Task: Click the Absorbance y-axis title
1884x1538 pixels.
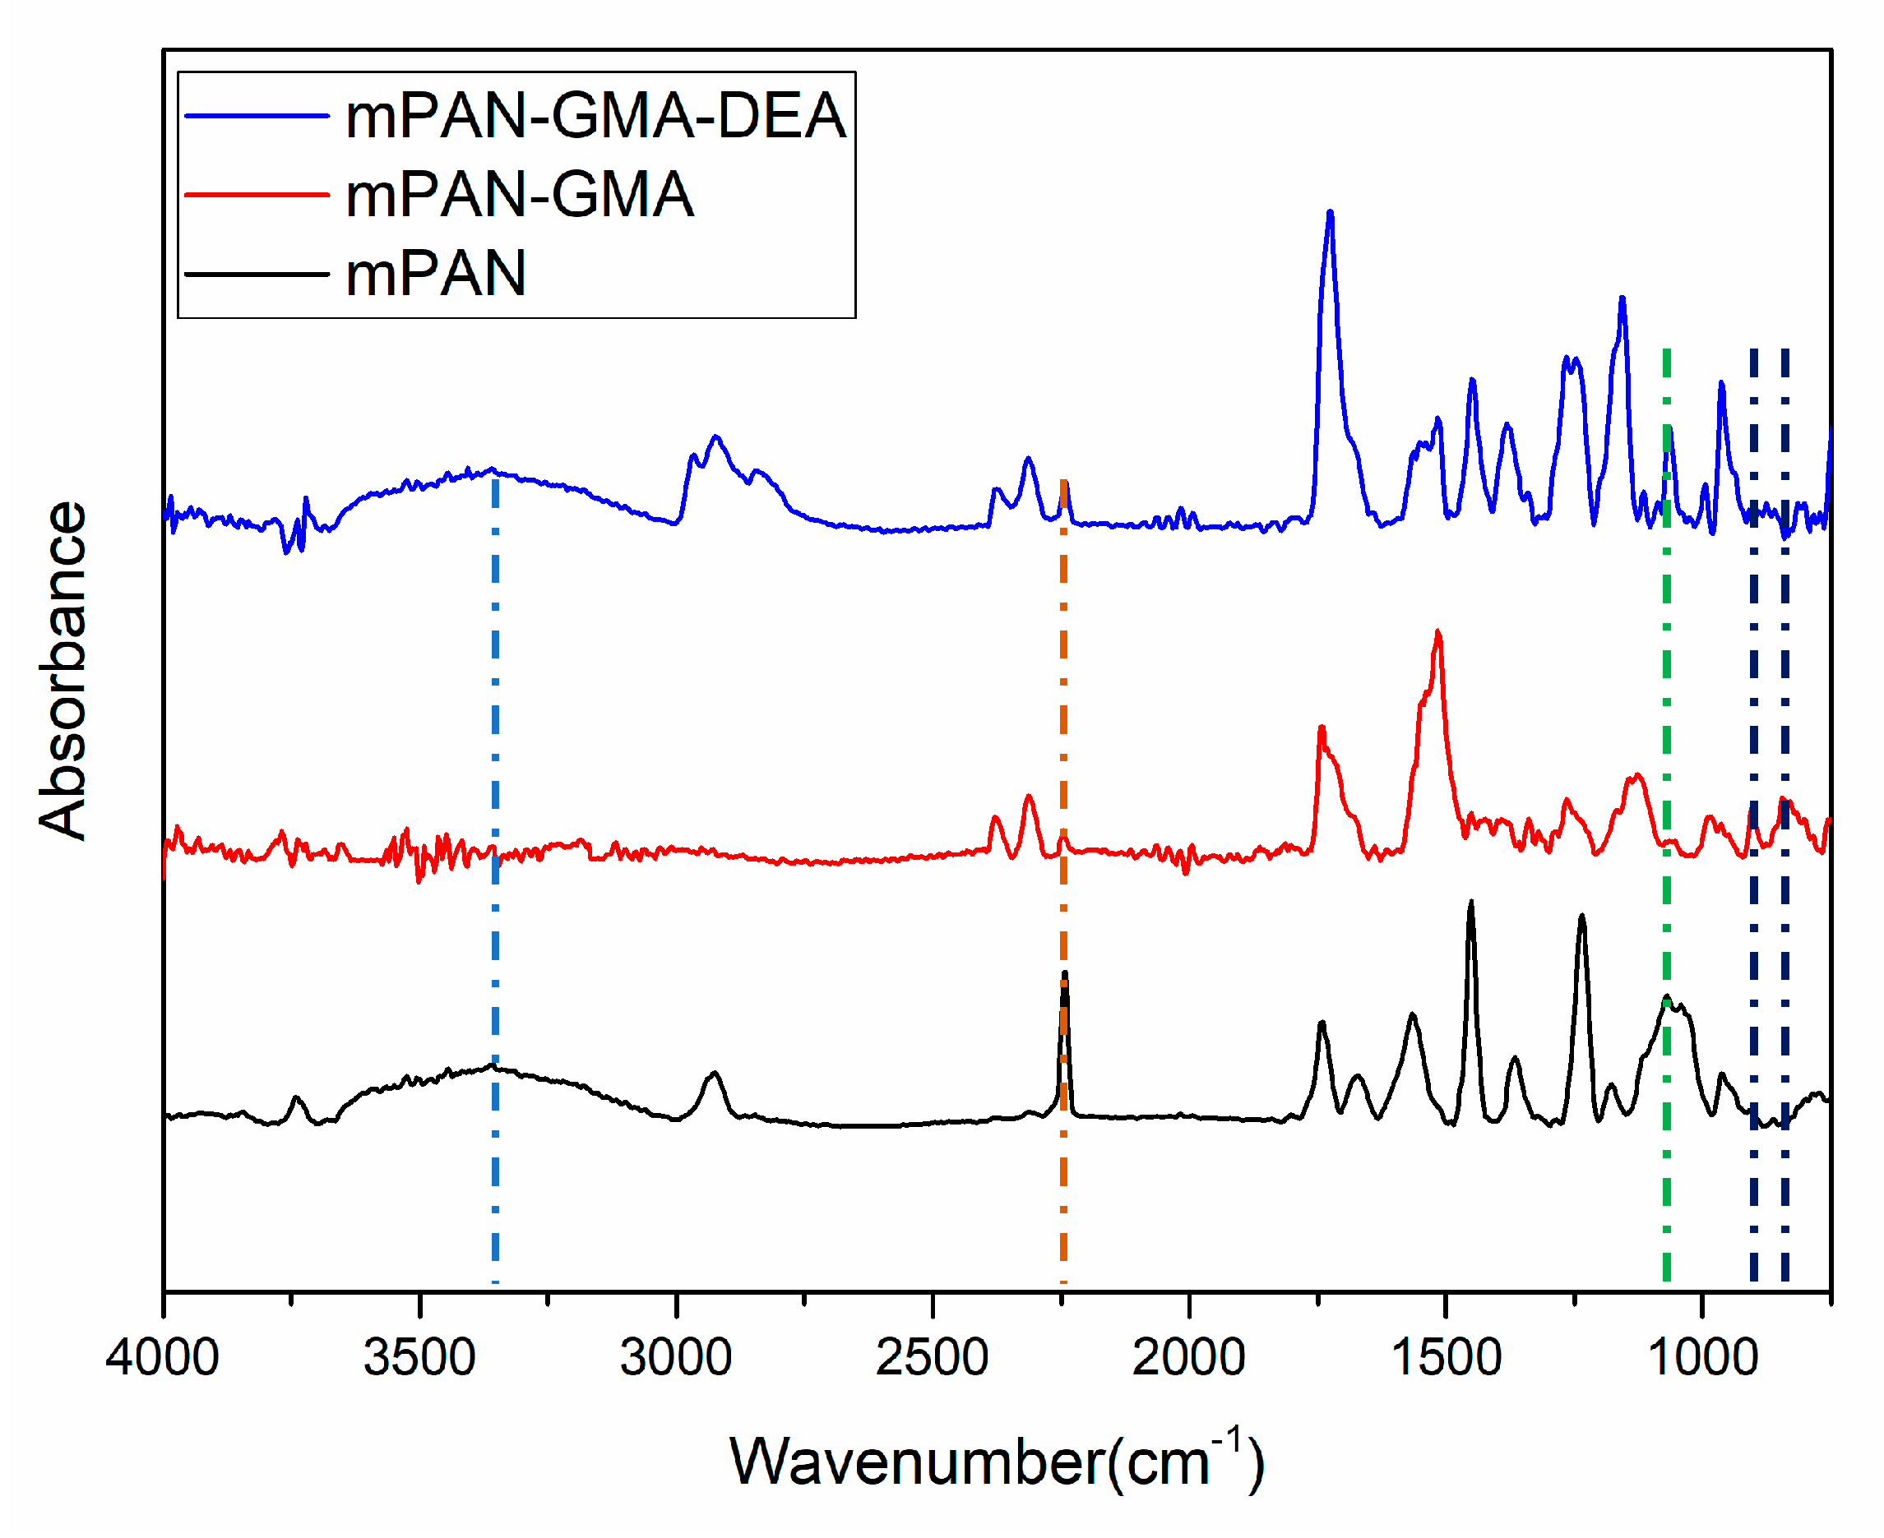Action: click(x=64, y=671)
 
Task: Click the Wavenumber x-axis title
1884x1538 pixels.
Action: click(x=997, y=1463)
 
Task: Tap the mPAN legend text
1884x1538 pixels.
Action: click(x=436, y=274)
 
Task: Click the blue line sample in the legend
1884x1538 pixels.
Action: click(x=257, y=116)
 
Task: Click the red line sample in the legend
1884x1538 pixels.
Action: click(x=257, y=195)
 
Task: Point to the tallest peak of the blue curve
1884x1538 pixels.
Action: click(x=1330, y=213)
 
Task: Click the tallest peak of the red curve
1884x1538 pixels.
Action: click(x=1438, y=633)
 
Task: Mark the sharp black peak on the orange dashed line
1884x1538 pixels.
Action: click(x=1065, y=975)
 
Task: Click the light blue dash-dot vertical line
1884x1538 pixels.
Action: click(x=495, y=886)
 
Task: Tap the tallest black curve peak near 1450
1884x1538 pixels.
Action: click(x=1471, y=903)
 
